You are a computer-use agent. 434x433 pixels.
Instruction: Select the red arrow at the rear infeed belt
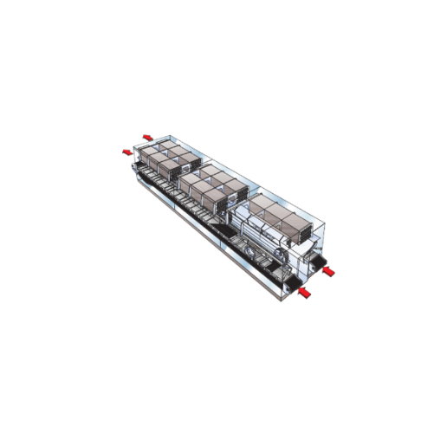(x=328, y=271)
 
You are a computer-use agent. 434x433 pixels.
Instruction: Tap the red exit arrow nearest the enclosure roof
(x=148, y=136)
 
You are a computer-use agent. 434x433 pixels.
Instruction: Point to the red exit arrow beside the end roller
(x=128, y=152)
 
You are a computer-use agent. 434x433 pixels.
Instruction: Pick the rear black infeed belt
(x=316, y=260)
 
